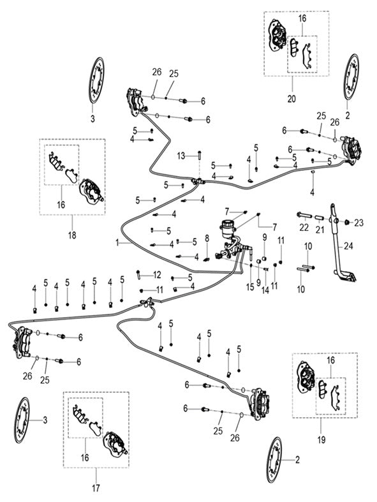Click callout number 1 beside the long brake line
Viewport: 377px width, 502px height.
117,243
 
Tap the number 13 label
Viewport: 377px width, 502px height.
181,156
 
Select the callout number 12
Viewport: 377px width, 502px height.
157,275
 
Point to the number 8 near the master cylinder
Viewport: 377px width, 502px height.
206,238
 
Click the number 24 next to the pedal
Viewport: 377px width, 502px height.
348,244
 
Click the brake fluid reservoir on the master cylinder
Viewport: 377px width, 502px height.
226,229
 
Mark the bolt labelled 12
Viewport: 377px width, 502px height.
140,274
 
